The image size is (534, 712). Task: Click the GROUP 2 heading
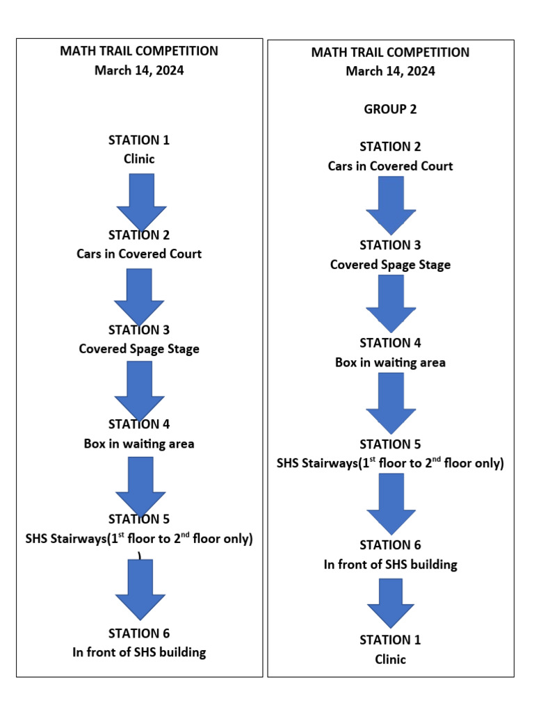pyautogui.click(x=390, y=109)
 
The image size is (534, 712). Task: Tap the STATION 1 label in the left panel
pyautogui.click(x=139, y=140)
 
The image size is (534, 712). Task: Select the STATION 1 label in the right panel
pyautogui.click(x=390, y=640)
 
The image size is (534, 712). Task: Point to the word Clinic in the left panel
pyautogui.click(x=139, y=159)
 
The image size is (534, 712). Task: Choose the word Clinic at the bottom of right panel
pyautogui.click(x=390, y=659)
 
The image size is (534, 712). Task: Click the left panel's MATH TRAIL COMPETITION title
pyautogui.click(x=139, y=51)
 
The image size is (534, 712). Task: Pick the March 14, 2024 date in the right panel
pyautogui.click(x=390, y=71)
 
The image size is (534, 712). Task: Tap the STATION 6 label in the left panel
pyautogui.click(x=139, y=633)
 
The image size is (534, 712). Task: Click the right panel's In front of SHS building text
pyautogui.click(x=390, y=565)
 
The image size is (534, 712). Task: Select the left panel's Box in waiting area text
pyautogui.click(x=139, y=444)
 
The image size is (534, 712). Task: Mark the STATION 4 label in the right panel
pyautogui.click(x=390, y=343)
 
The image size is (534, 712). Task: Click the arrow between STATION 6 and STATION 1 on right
pyautogui.click(x=390, y=602)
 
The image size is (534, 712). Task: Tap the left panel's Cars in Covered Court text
pyautogui.click(x=139, y=254)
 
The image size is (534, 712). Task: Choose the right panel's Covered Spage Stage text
pyautogui.click(x=390, y=265)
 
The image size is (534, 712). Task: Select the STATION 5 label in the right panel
pyautogui.click(x=390, y=444)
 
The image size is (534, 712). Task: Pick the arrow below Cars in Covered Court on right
pyautogui.click(x=390, y=204)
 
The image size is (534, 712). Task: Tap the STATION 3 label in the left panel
pyautogui.click(x=139, y=330)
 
